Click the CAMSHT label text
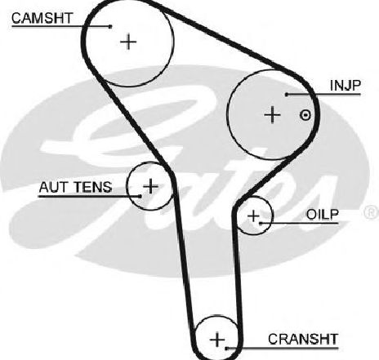point(42,18)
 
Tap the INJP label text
point(345,86)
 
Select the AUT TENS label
point(75,187)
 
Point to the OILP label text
point(322,215)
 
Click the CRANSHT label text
point(303,339)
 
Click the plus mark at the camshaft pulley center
point(128,42)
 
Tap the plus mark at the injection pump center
point(272,115)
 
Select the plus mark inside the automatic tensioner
point(150,186)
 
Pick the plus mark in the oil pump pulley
point(254,216)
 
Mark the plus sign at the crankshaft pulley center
point(217,340)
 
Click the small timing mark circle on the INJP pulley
point(305,115)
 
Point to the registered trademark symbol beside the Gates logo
point(372,212)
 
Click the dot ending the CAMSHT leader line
point(110,26)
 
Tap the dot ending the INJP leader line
point(287,95)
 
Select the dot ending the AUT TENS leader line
point(140,196)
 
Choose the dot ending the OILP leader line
point(261,223)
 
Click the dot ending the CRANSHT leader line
point(226,348)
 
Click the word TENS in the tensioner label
point(93,187)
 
